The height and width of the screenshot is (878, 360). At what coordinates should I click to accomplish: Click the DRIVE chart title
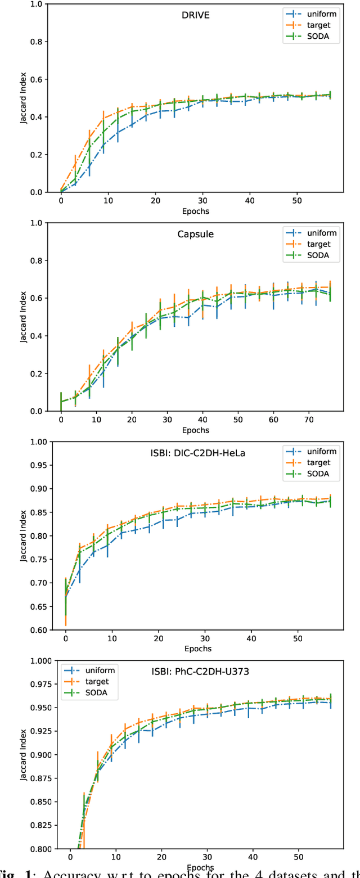196,15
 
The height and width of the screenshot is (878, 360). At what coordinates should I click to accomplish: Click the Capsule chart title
196,234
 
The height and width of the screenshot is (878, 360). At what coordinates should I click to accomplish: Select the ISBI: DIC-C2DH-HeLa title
196,453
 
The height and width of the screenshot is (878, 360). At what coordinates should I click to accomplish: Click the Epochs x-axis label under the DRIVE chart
196,212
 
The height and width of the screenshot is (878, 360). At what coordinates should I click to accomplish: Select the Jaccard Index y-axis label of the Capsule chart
24,317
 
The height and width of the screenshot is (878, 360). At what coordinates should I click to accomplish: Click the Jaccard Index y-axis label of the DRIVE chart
24,98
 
